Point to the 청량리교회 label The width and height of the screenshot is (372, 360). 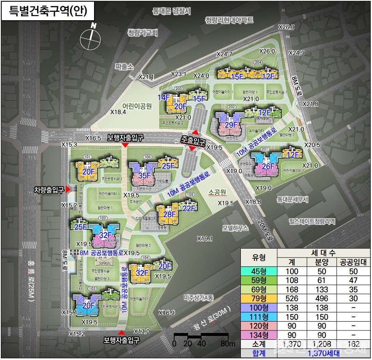pyautogui.click(x=143, y=33)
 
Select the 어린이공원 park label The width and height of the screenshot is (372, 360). pyautogui.click(x=137, y=106)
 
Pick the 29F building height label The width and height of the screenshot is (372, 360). pyautogui.click(x=230, y=125)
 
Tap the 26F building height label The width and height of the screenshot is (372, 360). pyautogui.click(x=268, y=166)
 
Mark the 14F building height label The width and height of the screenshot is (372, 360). pyautogui.click(x=164, y=97)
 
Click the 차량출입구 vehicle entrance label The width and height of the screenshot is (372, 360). pyautogui.click(x=49, y=191)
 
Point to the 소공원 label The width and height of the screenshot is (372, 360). pyautogui.click(x=217, y=192)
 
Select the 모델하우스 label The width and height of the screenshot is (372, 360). pyautogui.click(x=237, y=228)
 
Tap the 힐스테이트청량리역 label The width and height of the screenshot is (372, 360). pyautogui.click(x=312, y=221)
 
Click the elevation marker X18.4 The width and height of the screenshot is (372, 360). pyautogui.click(x=118, y=112)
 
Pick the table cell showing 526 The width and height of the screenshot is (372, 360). pyautogui.click(x=292, y=299)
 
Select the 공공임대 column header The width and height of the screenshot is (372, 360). pyautogui.click(x=353, y=262)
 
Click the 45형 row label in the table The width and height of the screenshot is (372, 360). pyautogui.click(x=258, y=271)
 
